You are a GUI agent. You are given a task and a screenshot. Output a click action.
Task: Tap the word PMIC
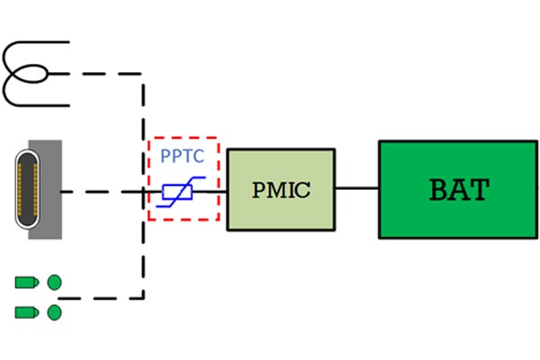(280, 190)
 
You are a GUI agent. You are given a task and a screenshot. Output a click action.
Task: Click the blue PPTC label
(183, 156)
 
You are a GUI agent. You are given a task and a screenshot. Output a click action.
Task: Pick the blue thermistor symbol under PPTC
(183, 193)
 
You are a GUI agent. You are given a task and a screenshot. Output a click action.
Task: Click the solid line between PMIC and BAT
(356, 188)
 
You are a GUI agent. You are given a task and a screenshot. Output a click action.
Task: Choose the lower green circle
(54, 312)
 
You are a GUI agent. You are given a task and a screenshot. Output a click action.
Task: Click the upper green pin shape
(25, 283)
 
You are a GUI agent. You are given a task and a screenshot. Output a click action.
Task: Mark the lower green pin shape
(25, 312)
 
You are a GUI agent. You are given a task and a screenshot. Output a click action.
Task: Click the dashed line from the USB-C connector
(99, 191)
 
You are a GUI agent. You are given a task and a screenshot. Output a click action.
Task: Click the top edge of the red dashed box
(183, 139)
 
